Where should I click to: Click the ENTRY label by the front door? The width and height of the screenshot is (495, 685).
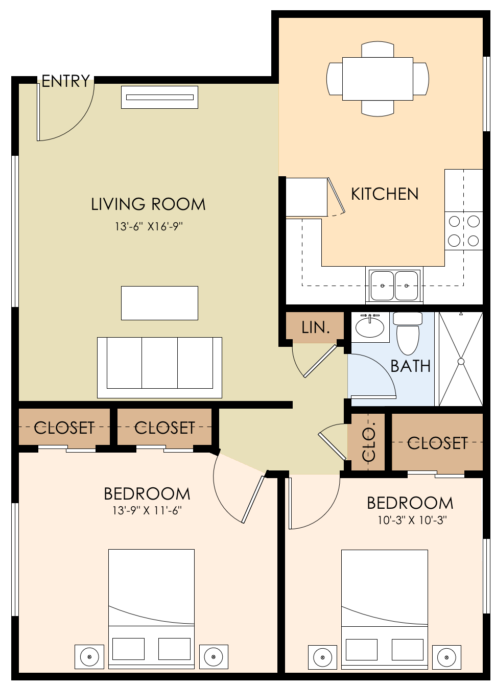pos(65,81)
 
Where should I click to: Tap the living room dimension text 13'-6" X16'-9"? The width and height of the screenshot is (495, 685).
pos(149,226)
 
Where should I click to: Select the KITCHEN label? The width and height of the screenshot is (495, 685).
pos(385,194)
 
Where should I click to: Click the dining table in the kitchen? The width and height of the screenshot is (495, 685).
pos(378,79)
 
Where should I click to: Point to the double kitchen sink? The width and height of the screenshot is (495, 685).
pos(394,286)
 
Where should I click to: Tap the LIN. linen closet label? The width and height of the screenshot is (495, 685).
pos(315,327)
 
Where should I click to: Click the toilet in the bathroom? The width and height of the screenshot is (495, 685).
pos(408,335)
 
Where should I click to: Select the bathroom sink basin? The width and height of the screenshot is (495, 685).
pos(369,327)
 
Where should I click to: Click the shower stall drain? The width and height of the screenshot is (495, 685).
pos(461,361)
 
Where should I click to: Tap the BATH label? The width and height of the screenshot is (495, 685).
pos(410,366)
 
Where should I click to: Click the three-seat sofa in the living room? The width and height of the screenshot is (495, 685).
pos(159,367)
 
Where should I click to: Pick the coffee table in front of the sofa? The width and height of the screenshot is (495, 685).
pos(159,303)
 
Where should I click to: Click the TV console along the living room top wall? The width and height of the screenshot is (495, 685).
pos(159,97)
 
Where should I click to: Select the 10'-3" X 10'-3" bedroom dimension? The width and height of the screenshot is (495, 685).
pos(412,521)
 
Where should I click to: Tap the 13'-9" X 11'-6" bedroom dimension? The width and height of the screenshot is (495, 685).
pos(147,510)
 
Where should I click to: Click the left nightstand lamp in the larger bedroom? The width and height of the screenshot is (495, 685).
pos(89,656)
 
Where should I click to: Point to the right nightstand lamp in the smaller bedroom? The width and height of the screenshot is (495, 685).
pos(446,657)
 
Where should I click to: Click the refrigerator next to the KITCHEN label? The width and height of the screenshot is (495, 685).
pos(306,197)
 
